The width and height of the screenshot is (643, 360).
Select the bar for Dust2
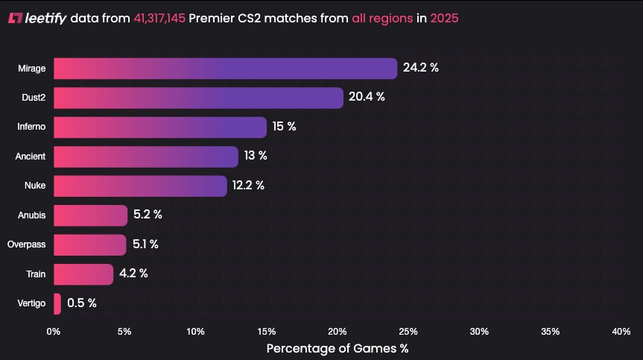coord(198,98)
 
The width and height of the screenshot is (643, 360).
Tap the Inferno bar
coord(160,127)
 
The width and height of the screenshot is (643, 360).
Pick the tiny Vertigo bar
coord(57,304)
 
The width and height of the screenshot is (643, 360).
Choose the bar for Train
coord(83,274)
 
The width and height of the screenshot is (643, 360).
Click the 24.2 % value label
coord(421,68)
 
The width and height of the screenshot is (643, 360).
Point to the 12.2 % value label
coord(248,186)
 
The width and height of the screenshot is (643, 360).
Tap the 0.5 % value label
coord(82,303)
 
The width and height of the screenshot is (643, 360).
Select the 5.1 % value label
coord(145,244)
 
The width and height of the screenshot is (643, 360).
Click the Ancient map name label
coord(31,157)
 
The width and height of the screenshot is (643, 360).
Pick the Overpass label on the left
coord(26,244)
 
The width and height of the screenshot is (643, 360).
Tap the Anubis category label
coord(31,215)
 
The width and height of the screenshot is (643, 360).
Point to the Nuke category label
coord(35,186)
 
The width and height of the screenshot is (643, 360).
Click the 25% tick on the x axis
coord(408,332)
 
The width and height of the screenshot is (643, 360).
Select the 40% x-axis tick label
coord(621,332)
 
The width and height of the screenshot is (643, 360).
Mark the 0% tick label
coord(54,332)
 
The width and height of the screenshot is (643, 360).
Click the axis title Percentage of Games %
coord(337,348)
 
